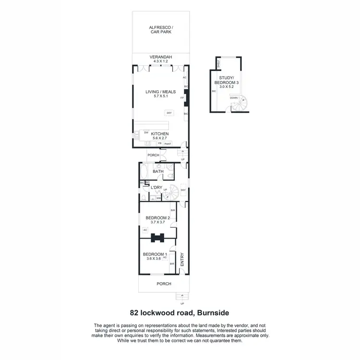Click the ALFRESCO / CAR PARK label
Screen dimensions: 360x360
click(x=161, y=31)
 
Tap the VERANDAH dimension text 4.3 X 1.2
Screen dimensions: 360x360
click(x=161, y=61)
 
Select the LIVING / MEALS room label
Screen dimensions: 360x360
click(x=161, y=91)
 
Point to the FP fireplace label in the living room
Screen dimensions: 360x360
click(x=182, y=98)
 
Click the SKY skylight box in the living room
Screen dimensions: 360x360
click(x=168, y=113)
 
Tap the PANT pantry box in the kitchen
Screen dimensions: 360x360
click(x=168, y=144)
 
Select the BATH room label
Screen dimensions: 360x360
click(x=158, y=171)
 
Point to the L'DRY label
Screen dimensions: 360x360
click(x=156, y=187)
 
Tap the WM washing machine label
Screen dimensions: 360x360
click(x=158, y=198)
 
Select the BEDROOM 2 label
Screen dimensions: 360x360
click(x=158, y=218)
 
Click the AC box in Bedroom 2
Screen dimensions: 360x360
click(x=145, y=230)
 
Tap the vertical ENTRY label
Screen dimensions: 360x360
click(x=182, y=260)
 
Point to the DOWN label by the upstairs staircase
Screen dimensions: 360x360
click(x=234, y=98)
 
